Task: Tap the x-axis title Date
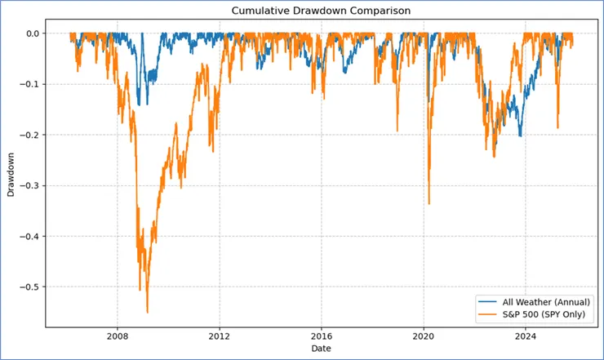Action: (320, 349)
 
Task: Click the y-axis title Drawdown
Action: (11, 176)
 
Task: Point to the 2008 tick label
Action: (118, 336)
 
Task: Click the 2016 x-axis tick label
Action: (322, 336)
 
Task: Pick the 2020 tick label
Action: (424, 336)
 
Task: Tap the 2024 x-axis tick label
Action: (526, 336)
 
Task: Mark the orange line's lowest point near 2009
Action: (147, 313)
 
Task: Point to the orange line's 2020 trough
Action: (429, 204)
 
